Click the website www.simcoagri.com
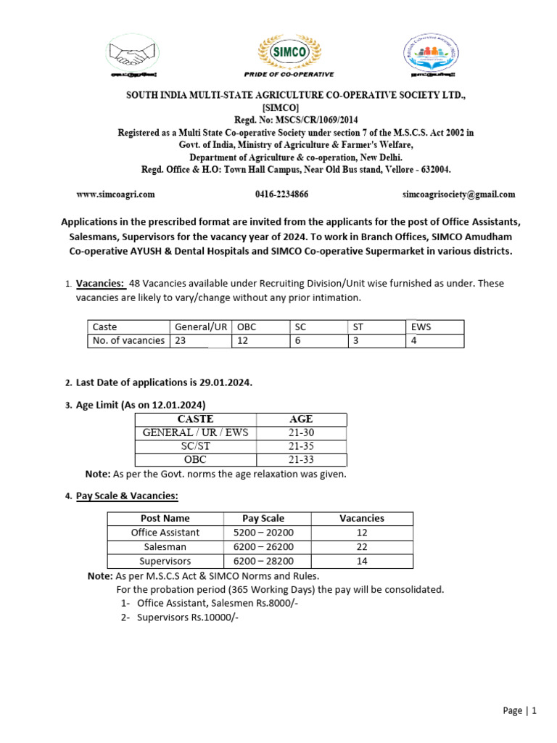(116, 194)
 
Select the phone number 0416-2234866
(281, 194)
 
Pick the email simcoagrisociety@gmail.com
(459, 194)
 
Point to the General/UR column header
(201, 327)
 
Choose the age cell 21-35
(300, 446)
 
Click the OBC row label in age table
(195, 460)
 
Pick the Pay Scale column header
(263, 518)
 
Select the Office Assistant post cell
(165, 533)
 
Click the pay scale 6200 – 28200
(263, 561)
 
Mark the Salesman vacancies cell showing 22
(361, 546)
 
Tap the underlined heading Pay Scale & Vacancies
(127, 496)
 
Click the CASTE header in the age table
(195, 419)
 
